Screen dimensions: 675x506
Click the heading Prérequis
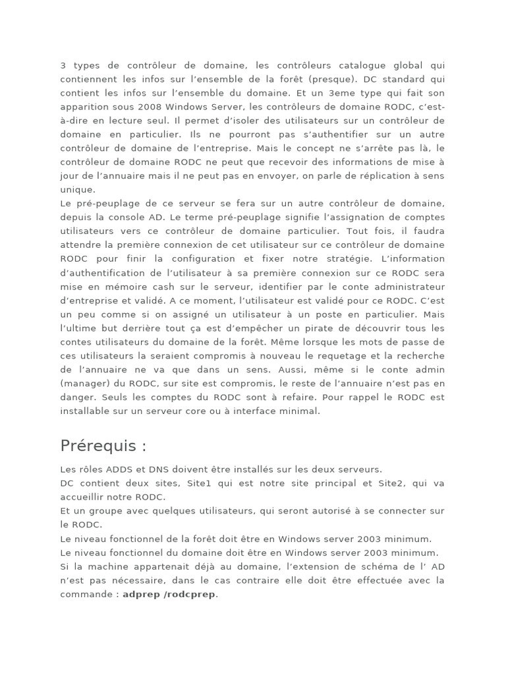103,446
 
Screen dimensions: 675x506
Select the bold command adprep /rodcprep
170,594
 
